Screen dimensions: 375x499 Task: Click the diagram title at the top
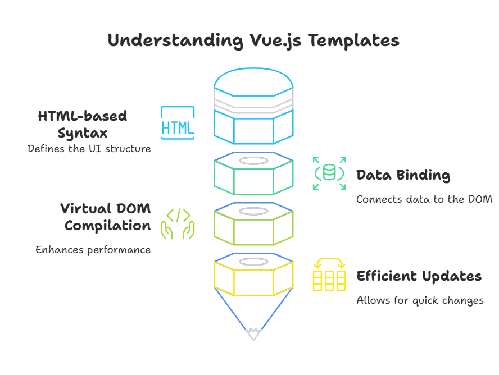tap(253, 42)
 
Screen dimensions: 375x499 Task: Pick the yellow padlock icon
tap(329, 275)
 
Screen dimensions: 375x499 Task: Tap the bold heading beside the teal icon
tap(405, 177)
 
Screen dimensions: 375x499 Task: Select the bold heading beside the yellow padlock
tap(419, 276)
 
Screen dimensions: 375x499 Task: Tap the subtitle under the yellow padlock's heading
tap(420, 300)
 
